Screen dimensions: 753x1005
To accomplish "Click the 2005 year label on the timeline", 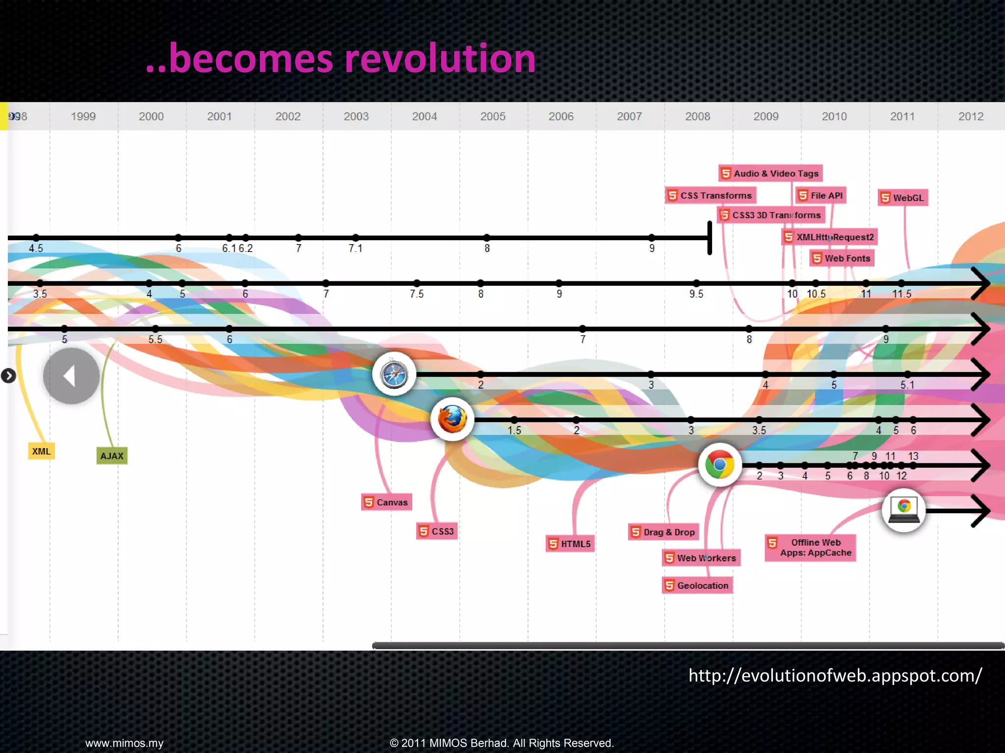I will click(x=493, y=116).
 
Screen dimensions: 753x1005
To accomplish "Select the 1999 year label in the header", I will click(x=83, y=116).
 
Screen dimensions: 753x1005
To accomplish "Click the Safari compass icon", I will click(x=394, y=375).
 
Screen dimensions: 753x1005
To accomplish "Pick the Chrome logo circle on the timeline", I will click(x=719, y=465).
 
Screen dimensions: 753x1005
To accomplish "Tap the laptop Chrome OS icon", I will click(x=903, y=510).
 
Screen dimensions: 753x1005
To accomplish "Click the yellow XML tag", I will click(x=41, y=451).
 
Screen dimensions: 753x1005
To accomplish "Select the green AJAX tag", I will click(x=112, y=455).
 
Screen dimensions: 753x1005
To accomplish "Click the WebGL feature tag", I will click(x=902, y=198).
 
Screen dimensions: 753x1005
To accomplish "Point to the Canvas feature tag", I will click(x=386, y=502).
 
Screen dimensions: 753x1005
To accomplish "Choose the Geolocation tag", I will click(x=697, y=585).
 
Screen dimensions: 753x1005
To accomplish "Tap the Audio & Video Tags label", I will click(x=770, y=173).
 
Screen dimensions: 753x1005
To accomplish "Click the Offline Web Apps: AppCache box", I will click(x=811, y=548).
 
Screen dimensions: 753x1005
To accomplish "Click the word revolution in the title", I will click(x=440, y=59).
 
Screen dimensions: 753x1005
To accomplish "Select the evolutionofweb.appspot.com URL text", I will click(x=835, y=676).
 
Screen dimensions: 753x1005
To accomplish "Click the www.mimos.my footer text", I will click(x=124, y=743).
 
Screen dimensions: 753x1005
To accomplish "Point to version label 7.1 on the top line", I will click(x=355, y=248).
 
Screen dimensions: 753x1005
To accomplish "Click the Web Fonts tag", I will click(x=842, y=258).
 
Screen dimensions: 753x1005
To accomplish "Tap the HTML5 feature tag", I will click(x=570, y=544).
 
